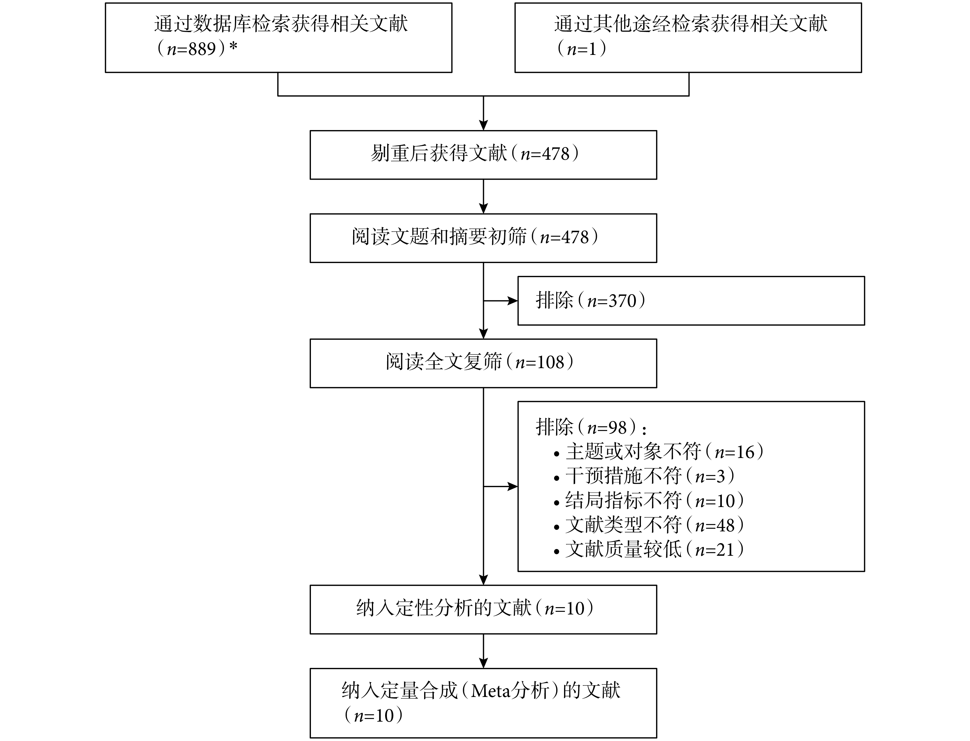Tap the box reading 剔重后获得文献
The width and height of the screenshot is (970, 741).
click(x=483, y=155)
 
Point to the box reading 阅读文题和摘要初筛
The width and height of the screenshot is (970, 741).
click(x=483, y=238)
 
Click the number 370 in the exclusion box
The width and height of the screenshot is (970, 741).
click(x=623, y=301)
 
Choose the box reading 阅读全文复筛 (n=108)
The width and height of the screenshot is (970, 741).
click(x=483, y=363)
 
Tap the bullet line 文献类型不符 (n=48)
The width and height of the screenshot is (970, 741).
click(x=649, y=525)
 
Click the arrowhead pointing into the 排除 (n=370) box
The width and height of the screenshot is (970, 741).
click(x=512, y=301)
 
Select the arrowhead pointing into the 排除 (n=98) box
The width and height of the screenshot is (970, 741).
click(x=512, y=486)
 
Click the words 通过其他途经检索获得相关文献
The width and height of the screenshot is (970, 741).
click(x=690, y=24)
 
